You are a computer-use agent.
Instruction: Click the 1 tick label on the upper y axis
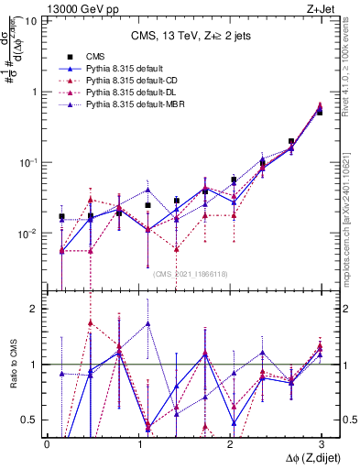34,92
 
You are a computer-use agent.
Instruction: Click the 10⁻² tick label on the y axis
27,234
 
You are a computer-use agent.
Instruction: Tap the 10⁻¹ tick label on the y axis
27,162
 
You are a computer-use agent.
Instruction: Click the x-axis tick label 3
322,443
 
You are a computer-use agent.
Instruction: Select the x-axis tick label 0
47,443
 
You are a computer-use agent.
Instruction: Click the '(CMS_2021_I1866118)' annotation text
190,274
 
